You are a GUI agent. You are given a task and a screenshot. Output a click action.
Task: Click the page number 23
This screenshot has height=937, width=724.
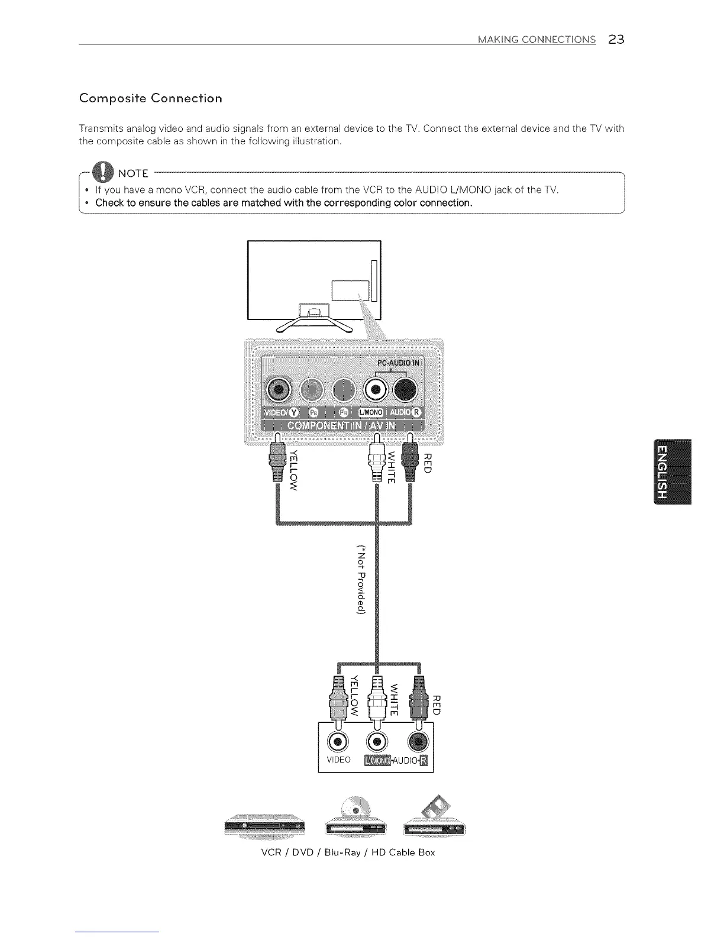pos(616,40)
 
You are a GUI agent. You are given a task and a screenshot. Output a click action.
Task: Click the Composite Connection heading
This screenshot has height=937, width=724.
pos(151,98)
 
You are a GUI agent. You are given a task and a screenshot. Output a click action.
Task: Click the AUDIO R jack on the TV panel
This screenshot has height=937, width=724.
pos(405,390)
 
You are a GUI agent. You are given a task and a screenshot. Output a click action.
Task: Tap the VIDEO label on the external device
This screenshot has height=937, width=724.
pos(338,760)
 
